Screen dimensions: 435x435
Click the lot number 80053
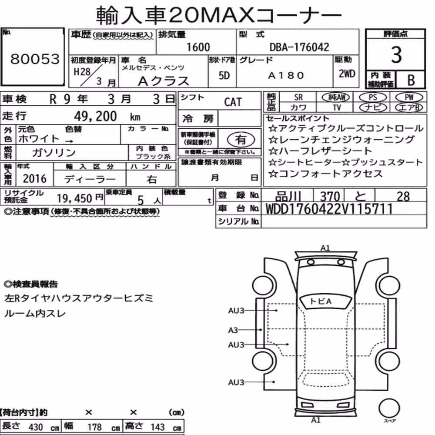point(35,59)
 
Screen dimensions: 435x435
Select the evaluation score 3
point(396,55)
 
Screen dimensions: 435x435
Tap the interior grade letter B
point(411,80)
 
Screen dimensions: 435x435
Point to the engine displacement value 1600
point(198,47)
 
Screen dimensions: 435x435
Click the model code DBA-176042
point(299,47)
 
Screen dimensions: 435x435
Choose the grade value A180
point(286,75)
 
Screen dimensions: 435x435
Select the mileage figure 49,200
point(95,116)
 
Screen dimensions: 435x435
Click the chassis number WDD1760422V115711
point(329,209)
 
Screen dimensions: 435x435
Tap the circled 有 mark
point(241,140)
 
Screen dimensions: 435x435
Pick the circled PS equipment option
point(373,97)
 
